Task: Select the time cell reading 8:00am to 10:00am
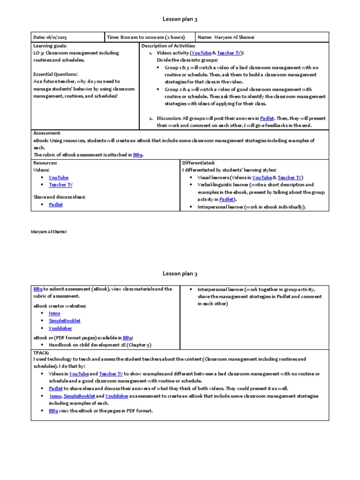tap(146, 37)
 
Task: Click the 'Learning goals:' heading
tap(50, 46)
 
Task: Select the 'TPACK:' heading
tap(41, 352)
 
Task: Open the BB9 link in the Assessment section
tap(137, 155)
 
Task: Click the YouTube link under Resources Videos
tap(59, 178)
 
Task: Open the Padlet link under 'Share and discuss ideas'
tap(56, 205)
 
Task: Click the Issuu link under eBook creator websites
tap(54, 313)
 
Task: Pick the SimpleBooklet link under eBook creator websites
tap(65, 321)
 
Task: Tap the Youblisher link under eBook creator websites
tap(61, 328)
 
